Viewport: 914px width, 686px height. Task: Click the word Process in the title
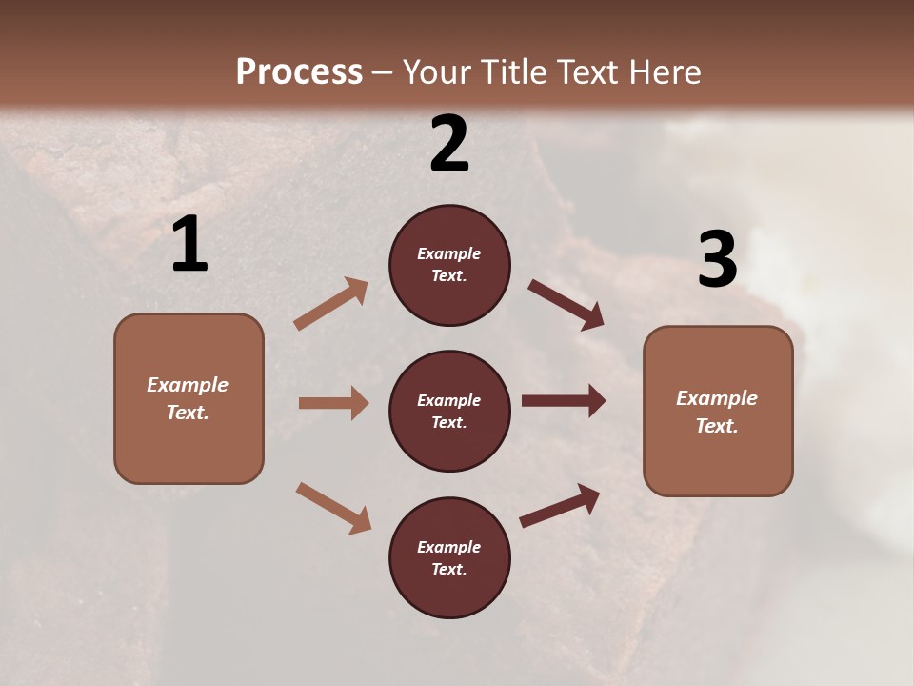(x=299, y=71)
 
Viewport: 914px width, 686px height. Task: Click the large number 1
(x=189, y=245)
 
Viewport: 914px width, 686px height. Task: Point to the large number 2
(x=449, y=144)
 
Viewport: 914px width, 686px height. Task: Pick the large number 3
(x=717, y=259)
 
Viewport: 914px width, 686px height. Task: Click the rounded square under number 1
(x=189, y=398)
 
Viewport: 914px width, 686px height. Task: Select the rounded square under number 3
(x=718, y=411)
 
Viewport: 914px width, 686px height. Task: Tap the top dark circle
(x=449, y=265)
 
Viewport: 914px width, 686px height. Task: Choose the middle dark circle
(x=449, y=411)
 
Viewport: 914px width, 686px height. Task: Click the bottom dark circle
(x=449, y=557)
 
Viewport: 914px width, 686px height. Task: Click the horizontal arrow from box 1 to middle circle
(x=333, y=403)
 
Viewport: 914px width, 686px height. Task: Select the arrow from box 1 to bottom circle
(x=333, y=508)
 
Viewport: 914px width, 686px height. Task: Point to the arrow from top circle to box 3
(x=566, y=304)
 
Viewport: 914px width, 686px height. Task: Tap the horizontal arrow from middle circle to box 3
(x=564, y=400)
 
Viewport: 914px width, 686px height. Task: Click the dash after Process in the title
(x=383, y=72)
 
